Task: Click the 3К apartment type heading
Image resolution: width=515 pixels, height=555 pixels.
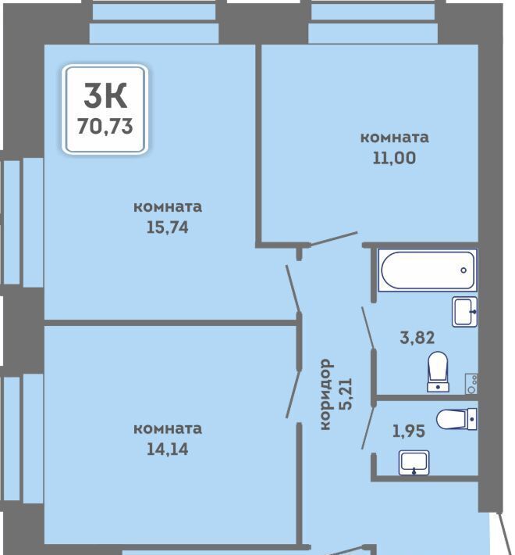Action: pyautogui.click(x=105, y=95)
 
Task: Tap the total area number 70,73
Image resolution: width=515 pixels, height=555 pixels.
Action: pyautogui.click(x=105, y=126)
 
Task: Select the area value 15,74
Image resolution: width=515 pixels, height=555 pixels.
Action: pyautogui.click(x=168, y=227)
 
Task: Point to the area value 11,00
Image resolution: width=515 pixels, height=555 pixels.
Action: pyautogui.click(x=394, y=158)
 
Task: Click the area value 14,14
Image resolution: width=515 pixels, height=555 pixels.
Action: pyautogui.click(x=168, y=449)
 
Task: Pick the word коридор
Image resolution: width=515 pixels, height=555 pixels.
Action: pyautogui.click(x=325, y=394)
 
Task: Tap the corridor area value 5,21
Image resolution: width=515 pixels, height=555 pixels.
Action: pyautogui.click(x=346, y=394)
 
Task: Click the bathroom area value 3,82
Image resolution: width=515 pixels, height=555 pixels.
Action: pyautogui.click(x=417, y=338)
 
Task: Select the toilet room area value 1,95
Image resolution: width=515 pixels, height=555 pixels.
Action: pyautogui.click(x=409, y=431)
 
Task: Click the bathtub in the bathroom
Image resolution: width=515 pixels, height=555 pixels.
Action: pyautogui.click(x=428, y=270)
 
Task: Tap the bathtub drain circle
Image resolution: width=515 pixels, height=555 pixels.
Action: pyautogui.click(x=463, y=270)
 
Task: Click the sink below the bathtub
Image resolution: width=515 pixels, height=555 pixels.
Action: pyautogui.click(x=464, y=311)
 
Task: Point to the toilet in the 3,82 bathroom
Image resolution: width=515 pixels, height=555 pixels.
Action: pyautogui.click(x=438, y=371)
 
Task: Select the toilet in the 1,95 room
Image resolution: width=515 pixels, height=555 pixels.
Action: pyautogui.click(x=456, y=419)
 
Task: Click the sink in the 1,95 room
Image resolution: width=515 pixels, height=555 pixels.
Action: pyautogui.click(x=414, y=463)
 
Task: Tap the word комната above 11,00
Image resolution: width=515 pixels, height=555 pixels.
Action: pyautogui.click(x=394, y=138)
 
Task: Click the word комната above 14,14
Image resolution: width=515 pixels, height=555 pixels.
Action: pyautogui.click(x=168, y=428)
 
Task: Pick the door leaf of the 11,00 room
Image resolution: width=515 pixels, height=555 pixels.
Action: pyautogui.click(x=333, y=238)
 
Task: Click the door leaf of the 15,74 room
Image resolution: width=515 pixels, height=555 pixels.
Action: pyautogui.click(x=293, y=288)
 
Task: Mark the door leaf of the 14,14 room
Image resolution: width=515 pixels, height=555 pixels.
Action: pyautogui.click(x=293, y=394)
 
